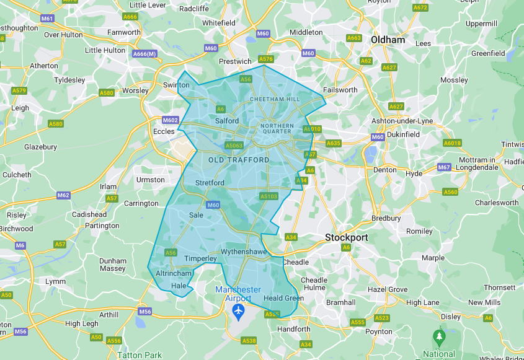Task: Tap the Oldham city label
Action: point(388,40)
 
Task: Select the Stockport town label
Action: point(347,237)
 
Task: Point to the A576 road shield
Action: point(265,59)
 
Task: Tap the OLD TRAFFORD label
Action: point(239,160)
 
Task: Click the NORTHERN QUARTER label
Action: point(277,128)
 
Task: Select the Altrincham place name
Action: point(172,273)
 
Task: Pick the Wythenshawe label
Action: point(243,253)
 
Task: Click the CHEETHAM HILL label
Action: point(274,99)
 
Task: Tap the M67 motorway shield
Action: point(444,167)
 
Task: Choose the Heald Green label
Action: point(283,298)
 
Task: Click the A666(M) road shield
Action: point(144,54)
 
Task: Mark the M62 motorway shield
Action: point(63,195)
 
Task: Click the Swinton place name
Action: point(176,85)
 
